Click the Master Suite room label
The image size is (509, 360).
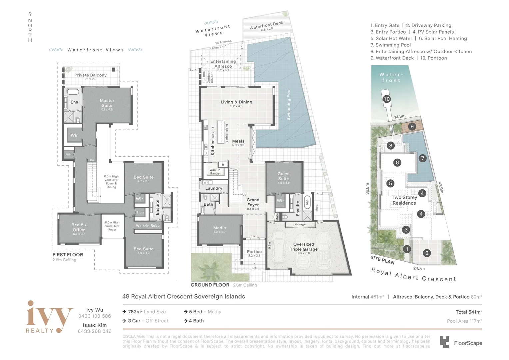click(107, 103)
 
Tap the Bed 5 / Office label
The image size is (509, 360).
click(79, 227)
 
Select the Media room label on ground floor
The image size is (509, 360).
click(220, 228)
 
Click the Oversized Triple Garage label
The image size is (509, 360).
click(303, 247)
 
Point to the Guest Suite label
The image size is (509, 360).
click(283, 176)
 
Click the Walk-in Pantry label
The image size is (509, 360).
click(215, 172)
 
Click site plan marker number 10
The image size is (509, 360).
click(386, 99)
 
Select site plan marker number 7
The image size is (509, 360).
click(422, 158)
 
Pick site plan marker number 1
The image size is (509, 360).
click(406, 249)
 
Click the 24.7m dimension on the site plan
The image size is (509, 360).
click(419, 268)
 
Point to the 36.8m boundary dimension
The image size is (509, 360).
click(367, 189)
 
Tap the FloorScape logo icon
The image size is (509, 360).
click(444, 342)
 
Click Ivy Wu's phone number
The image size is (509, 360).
click(95, 316)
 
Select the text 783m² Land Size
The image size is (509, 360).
click(147, 312)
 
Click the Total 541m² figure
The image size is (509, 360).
click(469, 312)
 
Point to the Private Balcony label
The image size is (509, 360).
click(90, 75)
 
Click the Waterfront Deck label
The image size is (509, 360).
click(266, 25)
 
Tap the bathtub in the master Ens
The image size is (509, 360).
click(73, 92)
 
